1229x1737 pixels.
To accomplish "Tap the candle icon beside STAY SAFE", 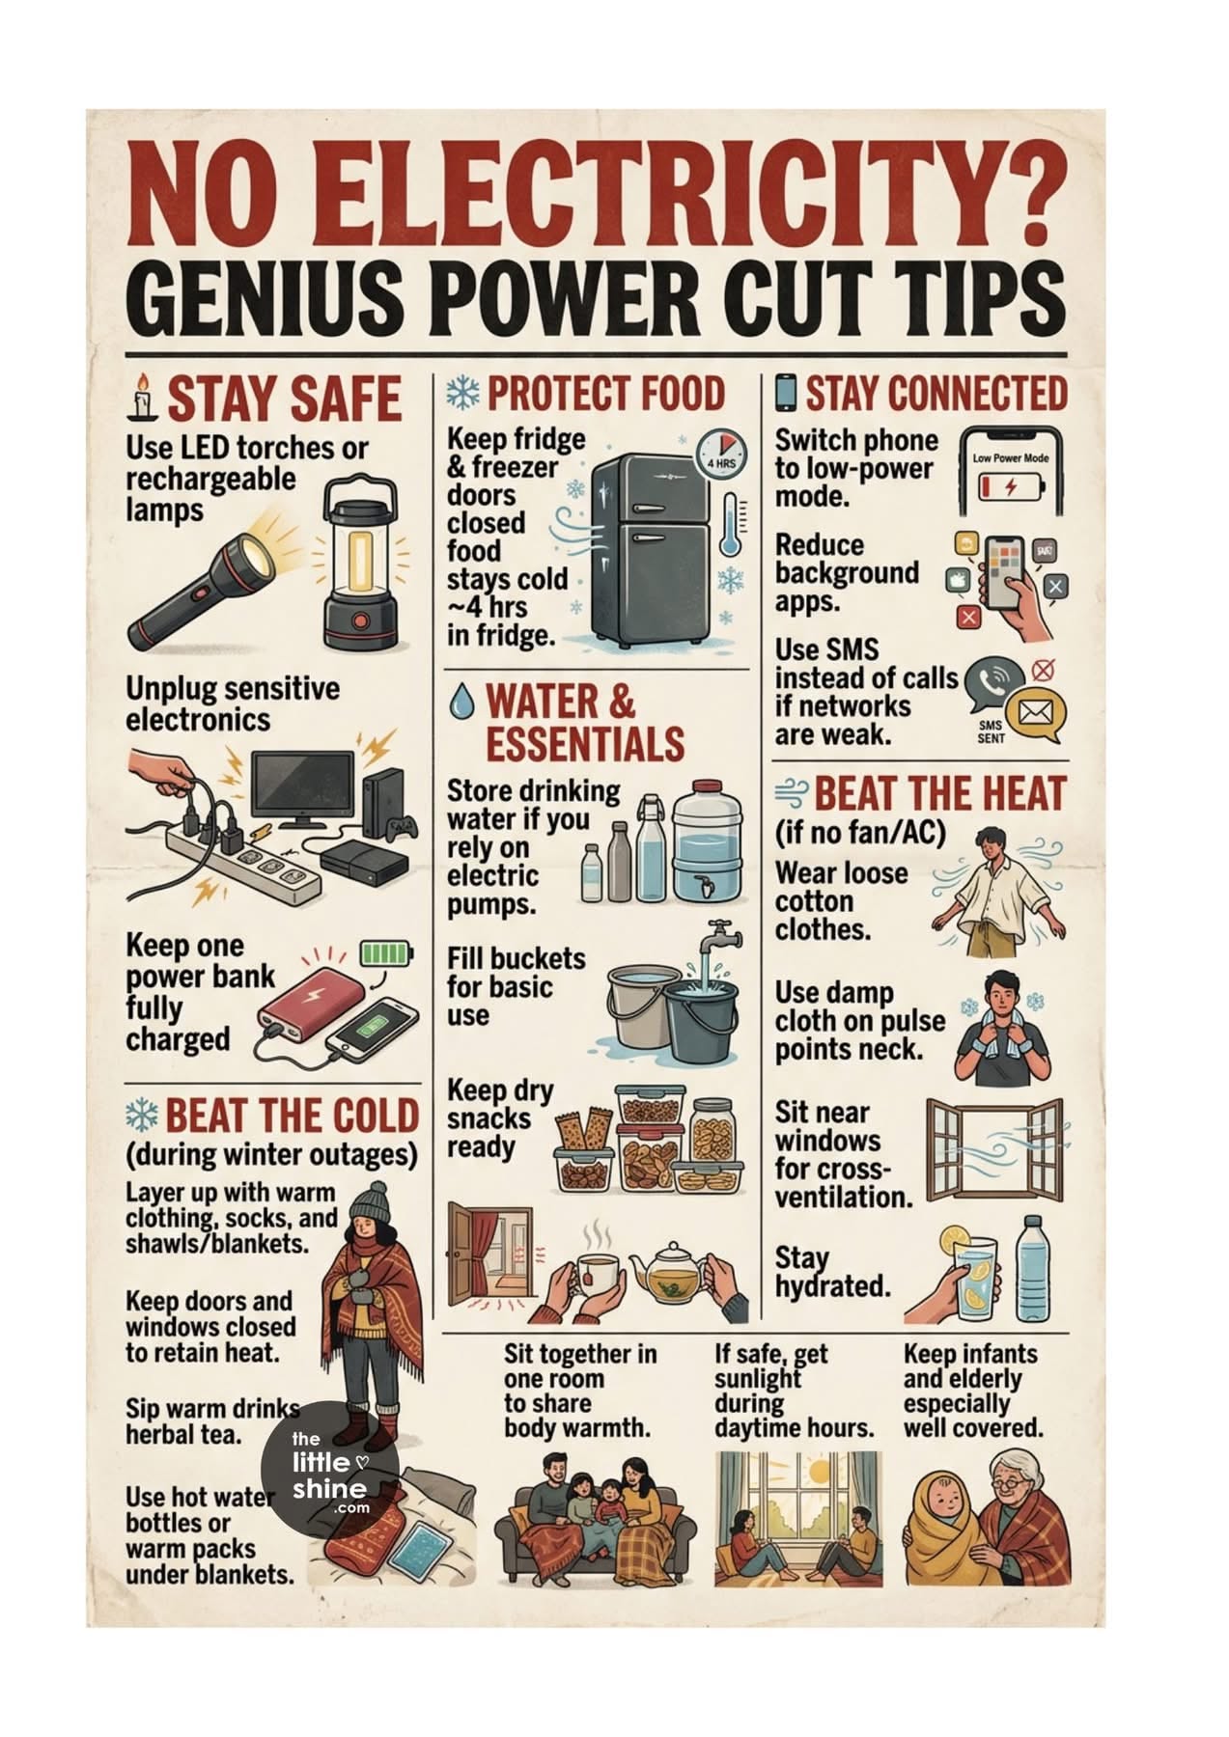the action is tap(144, 398).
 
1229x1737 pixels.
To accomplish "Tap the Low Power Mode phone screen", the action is tap(1010, 474).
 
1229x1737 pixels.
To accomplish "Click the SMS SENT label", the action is tap(991, 731).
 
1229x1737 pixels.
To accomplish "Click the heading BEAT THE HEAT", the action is tap(939, 794).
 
